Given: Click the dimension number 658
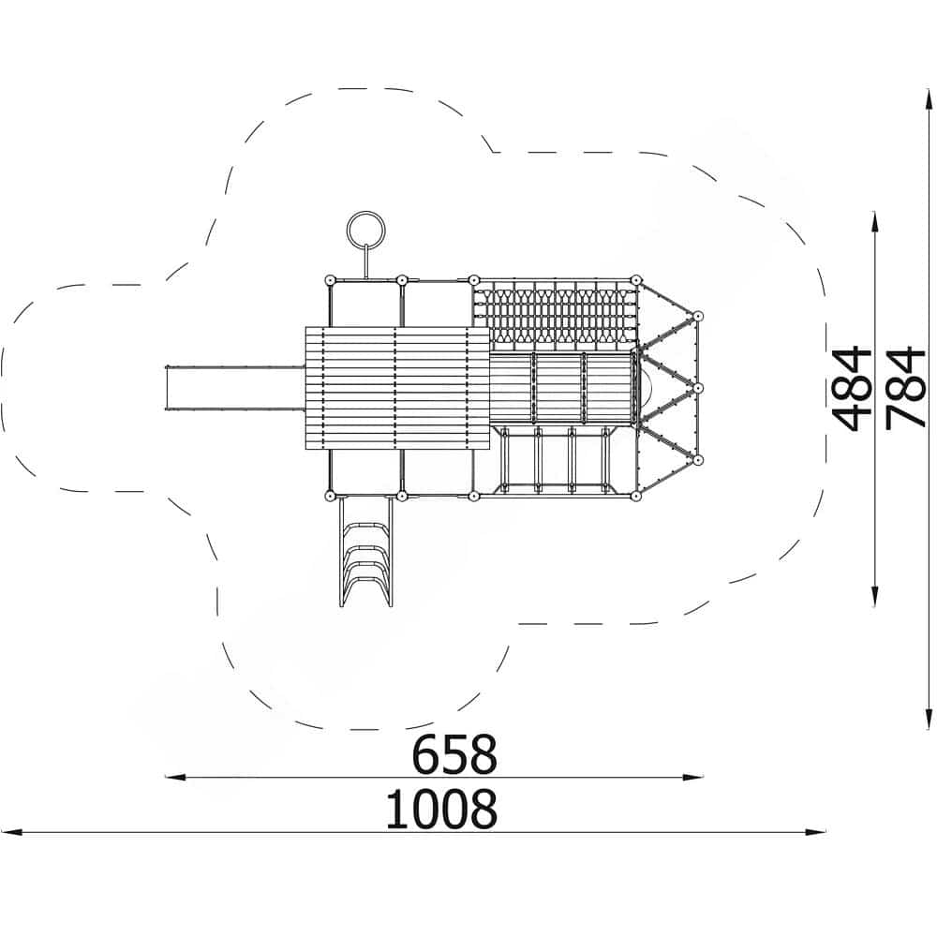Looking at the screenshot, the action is coord(454,754).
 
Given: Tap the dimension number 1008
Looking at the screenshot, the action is coord(441,809).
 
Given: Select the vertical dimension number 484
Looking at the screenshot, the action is coord(852,389).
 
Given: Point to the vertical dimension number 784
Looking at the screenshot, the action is coord(905,389).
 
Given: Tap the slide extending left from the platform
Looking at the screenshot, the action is coord(235,388).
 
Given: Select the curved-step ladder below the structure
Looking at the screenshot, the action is coord(365,552).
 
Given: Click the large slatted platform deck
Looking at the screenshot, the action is coord(397,388).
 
